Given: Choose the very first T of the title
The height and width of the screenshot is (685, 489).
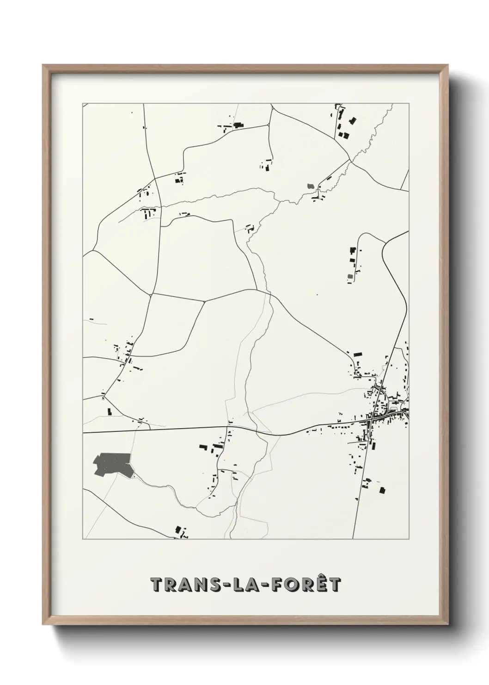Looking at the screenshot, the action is (157, 585).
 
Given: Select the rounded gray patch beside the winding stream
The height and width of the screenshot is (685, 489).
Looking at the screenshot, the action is (310, 186).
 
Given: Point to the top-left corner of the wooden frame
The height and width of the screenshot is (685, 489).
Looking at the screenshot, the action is (43, 65).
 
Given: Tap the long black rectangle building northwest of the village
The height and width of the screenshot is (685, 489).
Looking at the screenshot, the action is (357, 354).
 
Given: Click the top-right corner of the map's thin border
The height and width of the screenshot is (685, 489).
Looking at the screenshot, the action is (409, 103).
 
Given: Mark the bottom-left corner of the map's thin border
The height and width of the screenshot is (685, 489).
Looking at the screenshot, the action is (83, 539).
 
